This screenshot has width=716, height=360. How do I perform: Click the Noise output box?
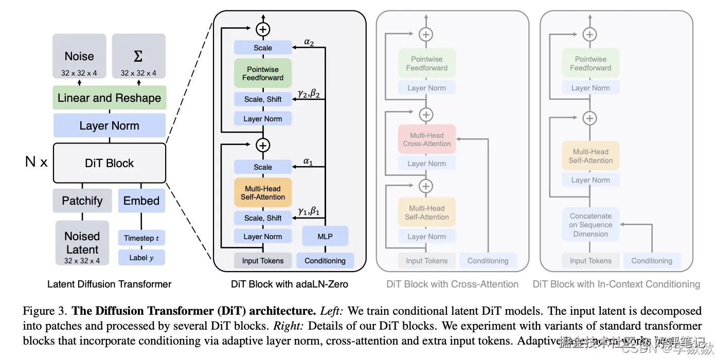tap(79, 57)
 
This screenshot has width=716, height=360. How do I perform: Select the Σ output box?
tap(138, 57)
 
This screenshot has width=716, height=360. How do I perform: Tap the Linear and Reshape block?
tap(109, 98)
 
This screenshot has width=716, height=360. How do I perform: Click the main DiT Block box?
tap(109, 163)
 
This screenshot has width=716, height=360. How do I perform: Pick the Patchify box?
tap(82, 201)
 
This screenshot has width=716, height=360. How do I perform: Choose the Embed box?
tap(141, 201)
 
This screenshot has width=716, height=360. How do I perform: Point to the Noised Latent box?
tap(82, 243)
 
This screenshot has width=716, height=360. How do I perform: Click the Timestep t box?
tap(141, 238)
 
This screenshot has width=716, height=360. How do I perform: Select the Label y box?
tap(141, 258)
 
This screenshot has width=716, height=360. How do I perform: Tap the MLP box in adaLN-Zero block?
tap(325, 237)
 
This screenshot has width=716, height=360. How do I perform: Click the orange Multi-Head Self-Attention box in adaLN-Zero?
tap(263, 193)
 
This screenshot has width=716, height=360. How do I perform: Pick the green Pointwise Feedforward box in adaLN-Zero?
tap(263, 74)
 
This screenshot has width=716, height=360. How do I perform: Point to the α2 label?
tap(309, 42)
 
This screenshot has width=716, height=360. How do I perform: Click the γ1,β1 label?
tap(309, 211)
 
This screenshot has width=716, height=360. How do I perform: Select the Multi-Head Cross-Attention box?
tap(427, 139)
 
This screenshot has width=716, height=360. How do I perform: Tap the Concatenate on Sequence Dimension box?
tap(590, 225)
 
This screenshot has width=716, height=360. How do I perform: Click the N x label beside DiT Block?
tap(36, 163)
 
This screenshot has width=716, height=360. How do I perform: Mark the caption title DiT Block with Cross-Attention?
tap(453, 284)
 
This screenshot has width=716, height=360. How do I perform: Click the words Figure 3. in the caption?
tap(44, 311)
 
